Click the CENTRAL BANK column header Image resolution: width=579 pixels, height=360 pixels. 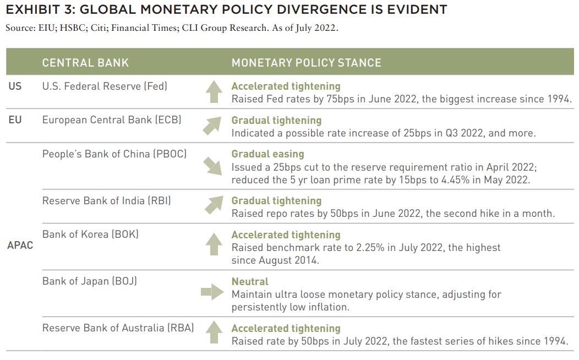85,63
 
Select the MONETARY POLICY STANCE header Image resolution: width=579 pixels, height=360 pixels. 306,63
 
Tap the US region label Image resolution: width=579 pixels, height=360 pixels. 15,86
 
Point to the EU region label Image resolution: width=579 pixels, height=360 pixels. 15,120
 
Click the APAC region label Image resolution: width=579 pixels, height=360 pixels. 20,245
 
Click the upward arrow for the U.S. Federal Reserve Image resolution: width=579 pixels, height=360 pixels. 214,91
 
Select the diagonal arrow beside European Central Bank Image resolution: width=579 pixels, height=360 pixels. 212,126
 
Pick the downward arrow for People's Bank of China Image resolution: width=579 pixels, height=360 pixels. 212,166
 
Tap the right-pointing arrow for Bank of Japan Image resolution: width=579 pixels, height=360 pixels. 212,292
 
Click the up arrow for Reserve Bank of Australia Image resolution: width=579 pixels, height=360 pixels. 214,332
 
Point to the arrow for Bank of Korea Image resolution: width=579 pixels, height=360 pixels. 214,244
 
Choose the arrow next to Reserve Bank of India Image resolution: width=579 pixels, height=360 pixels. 214,205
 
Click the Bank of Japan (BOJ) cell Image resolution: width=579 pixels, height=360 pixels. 90,281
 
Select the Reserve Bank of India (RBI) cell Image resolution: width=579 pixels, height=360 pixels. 107,201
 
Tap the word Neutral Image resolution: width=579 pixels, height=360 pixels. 250,282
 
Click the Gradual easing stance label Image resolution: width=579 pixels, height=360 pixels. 267,154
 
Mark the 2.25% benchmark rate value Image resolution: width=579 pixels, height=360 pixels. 370,247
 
